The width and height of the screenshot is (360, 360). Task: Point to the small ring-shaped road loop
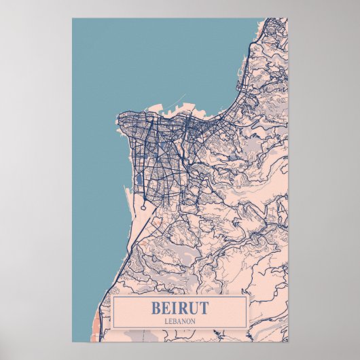point(144,206)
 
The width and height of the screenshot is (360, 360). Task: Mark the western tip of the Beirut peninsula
point(118,122)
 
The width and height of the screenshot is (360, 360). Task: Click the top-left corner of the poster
point(73,19)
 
